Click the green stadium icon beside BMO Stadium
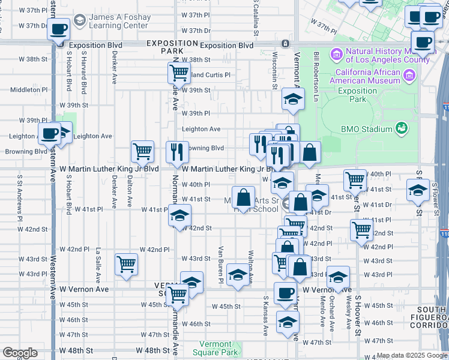[x=401, y=128]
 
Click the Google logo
[x=19, y=353]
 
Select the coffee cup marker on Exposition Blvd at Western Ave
[x=59, y=29]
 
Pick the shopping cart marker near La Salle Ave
[x=126, y=264]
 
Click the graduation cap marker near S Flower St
[x=418, y=191]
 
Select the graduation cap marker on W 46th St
[x=288, y=322]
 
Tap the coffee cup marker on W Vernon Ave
[x=285, y=293]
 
